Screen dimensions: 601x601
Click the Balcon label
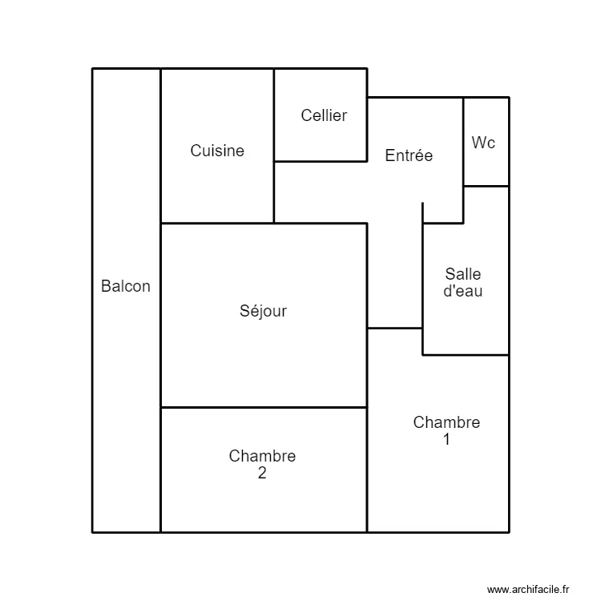tap(126, 286)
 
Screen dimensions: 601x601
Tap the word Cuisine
tap(217, 151)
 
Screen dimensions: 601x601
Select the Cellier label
tap(324, 115)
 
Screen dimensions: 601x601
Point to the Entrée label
tap(409, 155)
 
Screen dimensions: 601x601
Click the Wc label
tap(483, 143)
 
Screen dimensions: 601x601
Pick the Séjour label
tap(263, 311)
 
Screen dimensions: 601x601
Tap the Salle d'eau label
tap(463, 283)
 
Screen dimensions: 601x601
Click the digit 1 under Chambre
tap(446, 439)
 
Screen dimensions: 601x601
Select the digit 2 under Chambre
tap(262, 473)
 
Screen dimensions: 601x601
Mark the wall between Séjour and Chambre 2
tap(264, 407)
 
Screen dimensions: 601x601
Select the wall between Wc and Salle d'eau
tap(486, 186)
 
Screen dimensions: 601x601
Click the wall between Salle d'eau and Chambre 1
tap(466, 354)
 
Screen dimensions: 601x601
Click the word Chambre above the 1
tap(446, 422)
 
